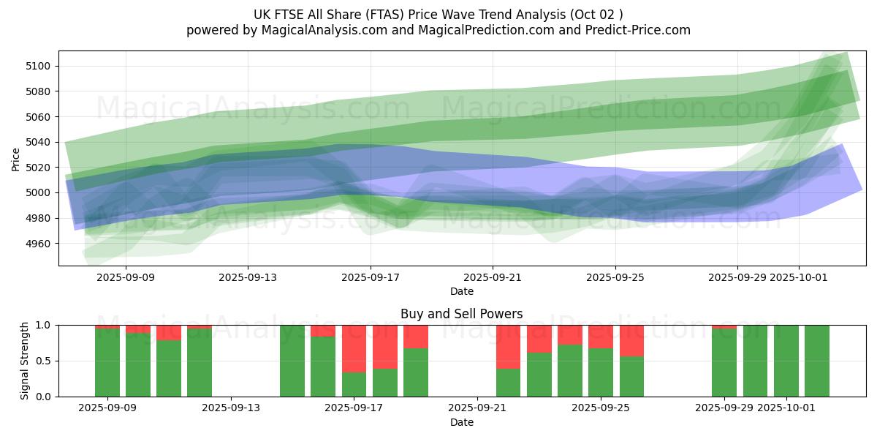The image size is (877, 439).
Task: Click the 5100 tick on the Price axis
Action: pos(39,66)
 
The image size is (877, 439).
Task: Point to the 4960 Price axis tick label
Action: pos(39,244)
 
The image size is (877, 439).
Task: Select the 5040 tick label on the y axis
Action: pos(39,142)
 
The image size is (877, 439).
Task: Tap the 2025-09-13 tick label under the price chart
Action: pos(247,278)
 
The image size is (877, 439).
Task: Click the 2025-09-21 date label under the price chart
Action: pos(493,278)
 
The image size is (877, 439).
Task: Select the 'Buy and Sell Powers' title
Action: pos(461,314)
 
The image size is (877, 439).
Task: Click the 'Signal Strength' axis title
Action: pos(25,361)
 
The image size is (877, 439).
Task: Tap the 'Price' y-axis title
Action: pos(16,159)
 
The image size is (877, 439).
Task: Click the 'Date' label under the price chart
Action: pos(461,291)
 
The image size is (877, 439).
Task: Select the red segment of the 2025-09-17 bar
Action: pos(354,348)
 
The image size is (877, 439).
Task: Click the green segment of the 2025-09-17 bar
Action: pos(354,384)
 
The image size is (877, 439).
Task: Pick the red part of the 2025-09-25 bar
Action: pos(601,337)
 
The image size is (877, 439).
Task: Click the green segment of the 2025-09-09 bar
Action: pos(107,362)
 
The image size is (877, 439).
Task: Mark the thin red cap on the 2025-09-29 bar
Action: pos(724,326)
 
